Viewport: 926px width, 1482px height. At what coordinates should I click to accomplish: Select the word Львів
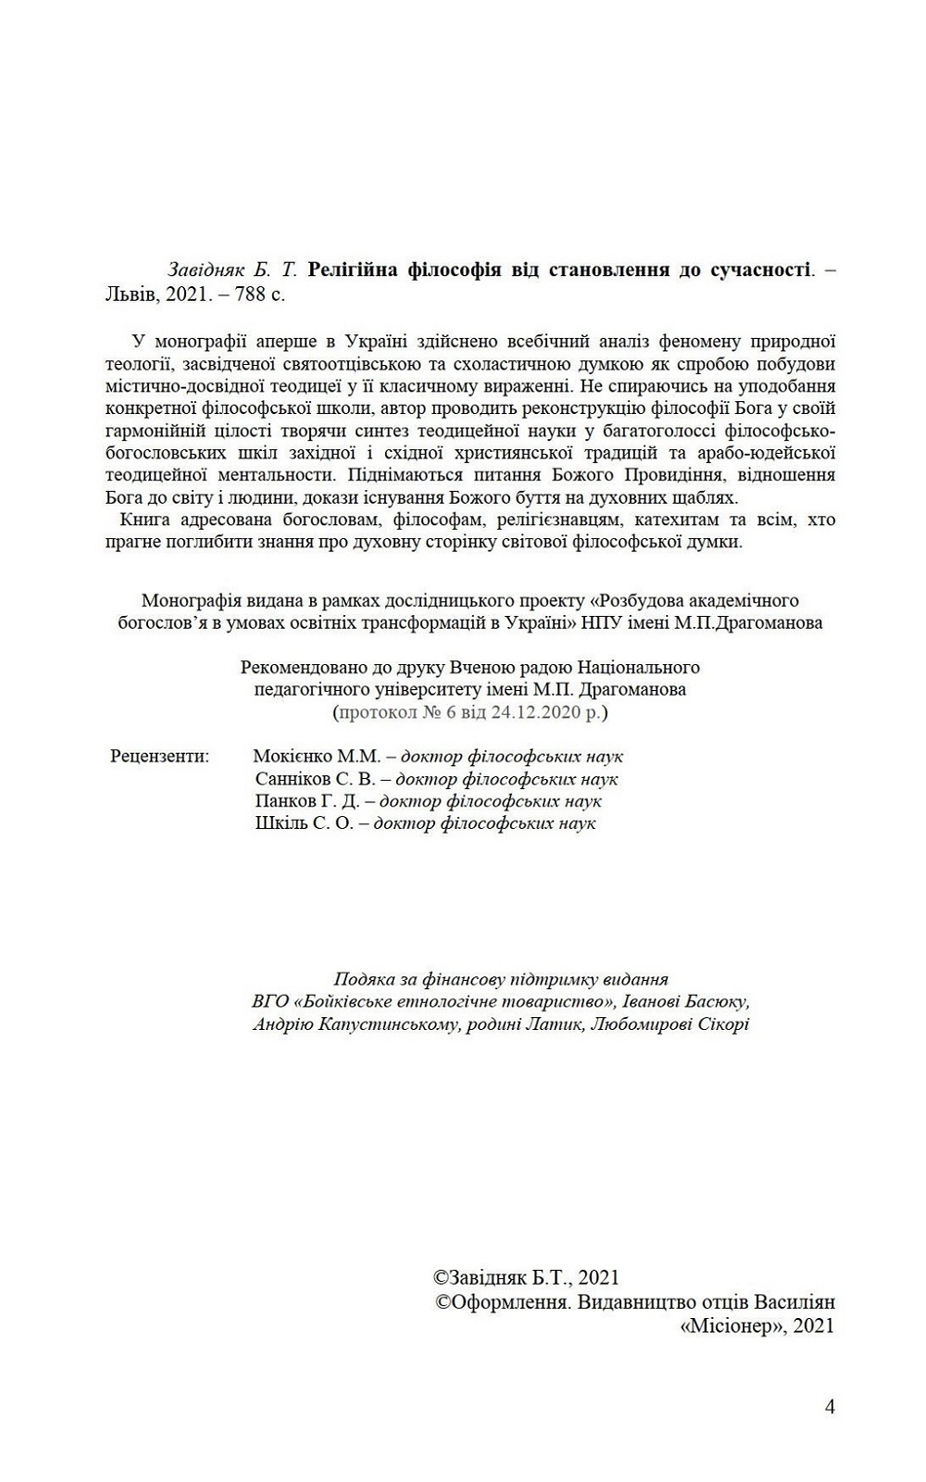tap(128, 294)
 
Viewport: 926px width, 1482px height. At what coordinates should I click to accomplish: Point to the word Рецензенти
tap(159, 756)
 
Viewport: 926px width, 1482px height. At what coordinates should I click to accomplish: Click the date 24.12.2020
tap(537, 711)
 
